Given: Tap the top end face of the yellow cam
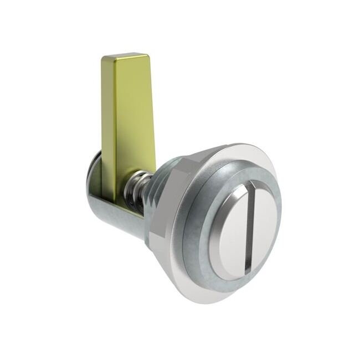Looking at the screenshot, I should tap(125, 56).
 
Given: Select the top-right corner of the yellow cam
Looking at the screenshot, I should tap(148, 55).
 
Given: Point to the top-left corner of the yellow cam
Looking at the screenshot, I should tap(103, 58).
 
